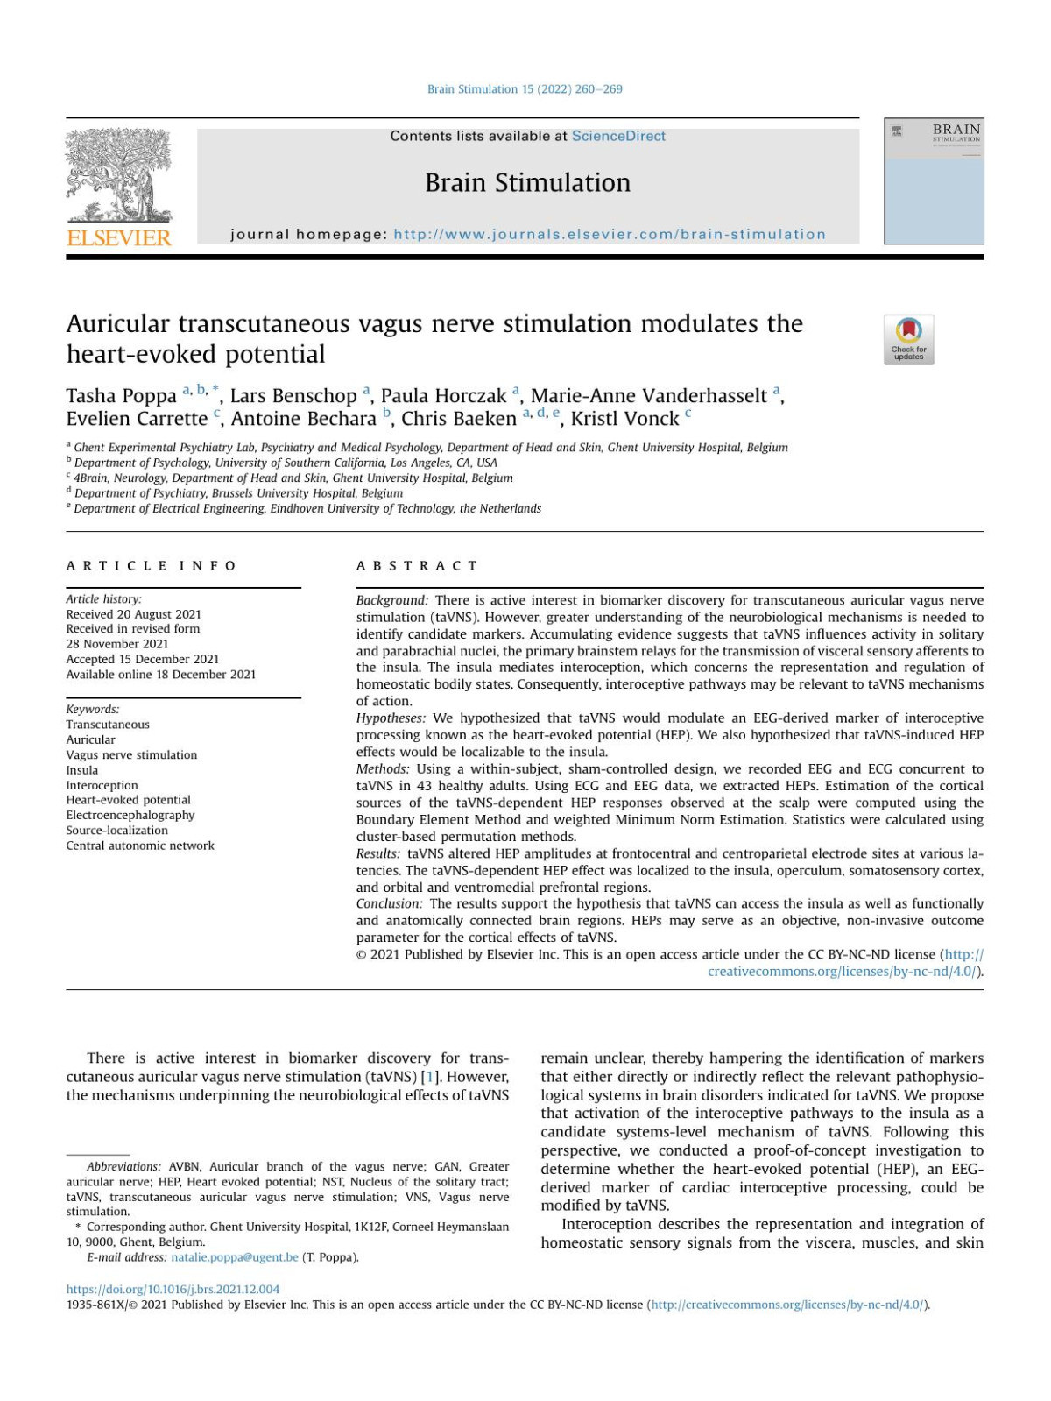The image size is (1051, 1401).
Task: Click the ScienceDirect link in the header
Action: (x=618, y=136)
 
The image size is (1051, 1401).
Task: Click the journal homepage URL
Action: (x=609, y=234)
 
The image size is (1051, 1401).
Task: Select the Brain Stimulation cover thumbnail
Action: (x=934, y=181)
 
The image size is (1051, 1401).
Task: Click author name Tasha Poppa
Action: (x=122, y=396)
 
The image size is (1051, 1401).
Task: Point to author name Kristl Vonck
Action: (x=624, y=419)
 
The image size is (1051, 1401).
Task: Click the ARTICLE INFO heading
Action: (x=151, y=566)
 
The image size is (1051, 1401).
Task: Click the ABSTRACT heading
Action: (x=417, y=566)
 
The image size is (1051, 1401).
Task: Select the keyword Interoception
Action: (x=102, y=785)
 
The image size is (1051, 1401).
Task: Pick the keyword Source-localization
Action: (x=116, y=830)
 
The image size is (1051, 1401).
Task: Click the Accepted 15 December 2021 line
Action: (x=143, y=659)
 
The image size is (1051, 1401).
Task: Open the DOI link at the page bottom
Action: (x=173, y=1289)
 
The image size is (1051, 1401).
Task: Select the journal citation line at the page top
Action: (x=525, y=89)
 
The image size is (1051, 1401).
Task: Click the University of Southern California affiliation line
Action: (x=285, y=463)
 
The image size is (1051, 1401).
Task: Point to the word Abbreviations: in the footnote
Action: (x=123, y=1166)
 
